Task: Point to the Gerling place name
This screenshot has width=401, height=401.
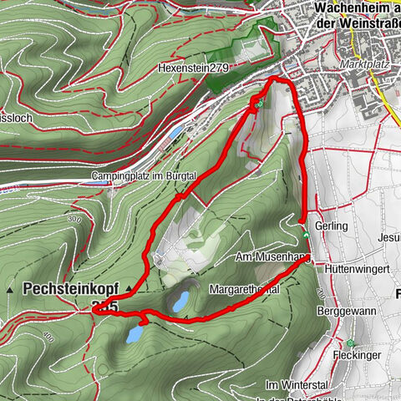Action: click(x=332, y=226)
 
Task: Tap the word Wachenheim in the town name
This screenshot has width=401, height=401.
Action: click(x=349, y=9)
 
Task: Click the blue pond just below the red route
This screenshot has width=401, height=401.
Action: click(x=133, y=334)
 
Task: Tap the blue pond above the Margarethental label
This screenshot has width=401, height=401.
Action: click(x=180, y=298)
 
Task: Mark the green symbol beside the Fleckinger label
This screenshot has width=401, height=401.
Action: click(x=352, y=343)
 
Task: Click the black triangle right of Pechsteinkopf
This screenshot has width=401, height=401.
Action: click(x=129, y=288)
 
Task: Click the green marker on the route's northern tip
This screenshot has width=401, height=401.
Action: click(x=259, y=104)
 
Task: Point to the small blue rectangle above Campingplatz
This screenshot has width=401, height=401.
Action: click(x=174, y=133)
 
